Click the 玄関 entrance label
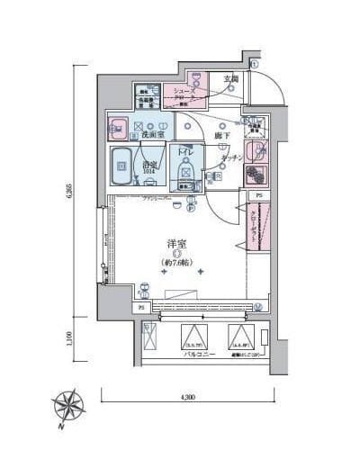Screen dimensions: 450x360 [x=230, y=79]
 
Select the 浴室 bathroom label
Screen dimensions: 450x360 [x=149, y=166]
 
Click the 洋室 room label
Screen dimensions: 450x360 [x=176, y=244]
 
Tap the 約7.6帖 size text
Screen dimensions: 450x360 [x=176, y=263]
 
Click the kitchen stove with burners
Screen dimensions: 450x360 [x=256, y=173]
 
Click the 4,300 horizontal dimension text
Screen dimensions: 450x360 [x=187, y=397]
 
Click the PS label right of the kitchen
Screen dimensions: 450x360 [x=258, y=195]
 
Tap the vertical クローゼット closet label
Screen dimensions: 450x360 [x=253, y=227]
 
